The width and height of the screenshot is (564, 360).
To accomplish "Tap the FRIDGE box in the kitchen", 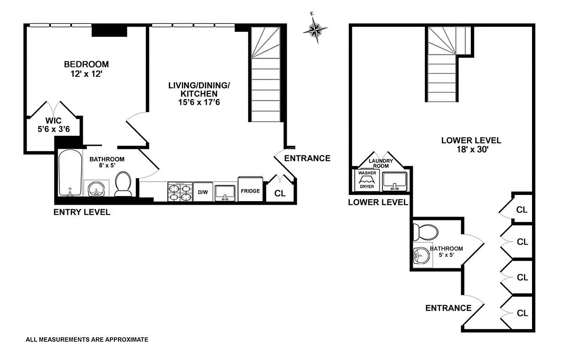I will point(250,191).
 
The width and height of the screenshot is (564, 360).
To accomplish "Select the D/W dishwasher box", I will point(203,192).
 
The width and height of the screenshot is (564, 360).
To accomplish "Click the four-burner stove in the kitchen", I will point(180,191).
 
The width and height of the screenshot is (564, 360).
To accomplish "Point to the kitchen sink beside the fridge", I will point(225,192).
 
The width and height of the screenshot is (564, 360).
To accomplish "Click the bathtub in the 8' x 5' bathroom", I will point(69,173).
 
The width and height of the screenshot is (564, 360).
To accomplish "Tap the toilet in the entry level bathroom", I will point(123,184).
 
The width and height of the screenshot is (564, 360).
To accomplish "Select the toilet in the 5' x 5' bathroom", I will point(425,232).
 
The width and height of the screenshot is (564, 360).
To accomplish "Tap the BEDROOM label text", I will point(86,64).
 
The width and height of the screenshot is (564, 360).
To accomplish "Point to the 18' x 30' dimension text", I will point(471,149).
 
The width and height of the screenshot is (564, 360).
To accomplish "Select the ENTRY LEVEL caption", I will point(81,212).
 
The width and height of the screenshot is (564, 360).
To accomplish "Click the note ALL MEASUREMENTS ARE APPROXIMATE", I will point(87,340).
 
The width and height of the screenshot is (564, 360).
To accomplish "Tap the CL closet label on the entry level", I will point(280,193).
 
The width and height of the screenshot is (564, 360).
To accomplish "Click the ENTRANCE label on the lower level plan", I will point(448,308).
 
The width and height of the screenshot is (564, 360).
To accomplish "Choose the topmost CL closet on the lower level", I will point(522,209).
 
